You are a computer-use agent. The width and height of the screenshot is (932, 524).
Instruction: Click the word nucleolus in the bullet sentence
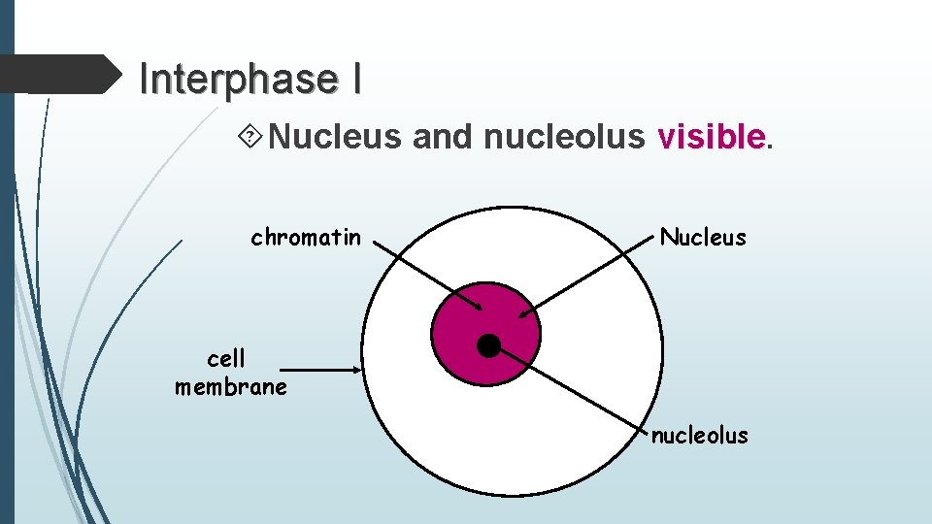click(563, 137)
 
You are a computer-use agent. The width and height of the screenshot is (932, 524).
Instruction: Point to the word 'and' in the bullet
click(442, 137)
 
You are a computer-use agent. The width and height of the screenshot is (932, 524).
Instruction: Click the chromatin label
click(306, 237)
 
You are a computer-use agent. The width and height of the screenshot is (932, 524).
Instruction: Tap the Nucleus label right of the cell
click(703, 237)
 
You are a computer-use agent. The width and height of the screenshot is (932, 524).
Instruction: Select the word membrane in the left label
click(231, 387)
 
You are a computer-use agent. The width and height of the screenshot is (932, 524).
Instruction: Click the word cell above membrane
click(226, 359)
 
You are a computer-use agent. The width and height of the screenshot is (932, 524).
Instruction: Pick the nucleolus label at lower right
click(699, 435)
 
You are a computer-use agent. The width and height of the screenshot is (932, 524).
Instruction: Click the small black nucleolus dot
click(489, 345)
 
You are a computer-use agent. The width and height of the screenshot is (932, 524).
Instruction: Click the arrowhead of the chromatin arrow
click(479, 309)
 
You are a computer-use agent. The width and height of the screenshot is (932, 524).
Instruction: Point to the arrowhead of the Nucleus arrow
click(522, 313)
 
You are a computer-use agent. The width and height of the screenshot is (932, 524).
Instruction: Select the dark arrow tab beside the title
click(63, 74)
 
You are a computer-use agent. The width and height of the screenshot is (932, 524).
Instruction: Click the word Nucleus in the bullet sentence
click(335, 137)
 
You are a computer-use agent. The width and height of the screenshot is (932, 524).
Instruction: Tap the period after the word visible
click(771, 144)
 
